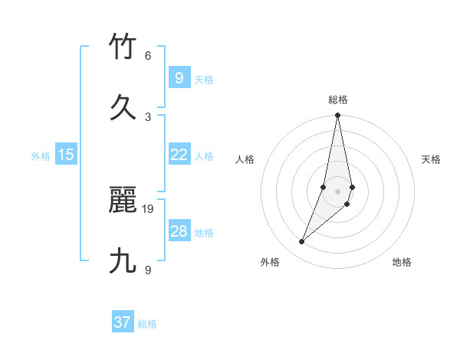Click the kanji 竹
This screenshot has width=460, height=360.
pos(123,47)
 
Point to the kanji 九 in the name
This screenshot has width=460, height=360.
pos(123,261)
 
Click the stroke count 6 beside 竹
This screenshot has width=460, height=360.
pos(148,56)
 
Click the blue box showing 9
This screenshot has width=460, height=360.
pos(179,78)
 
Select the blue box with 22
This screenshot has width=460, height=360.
pos(179,155)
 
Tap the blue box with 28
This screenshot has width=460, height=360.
pos(179,231)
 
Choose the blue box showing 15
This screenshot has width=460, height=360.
pos(66,155)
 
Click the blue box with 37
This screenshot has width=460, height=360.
pos(123,322)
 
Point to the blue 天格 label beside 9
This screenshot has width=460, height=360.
pos(204,79)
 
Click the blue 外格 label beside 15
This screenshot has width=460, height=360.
pos(41,155)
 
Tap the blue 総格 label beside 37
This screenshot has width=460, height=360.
pos(147,323)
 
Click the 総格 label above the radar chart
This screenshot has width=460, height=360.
pos(338,100)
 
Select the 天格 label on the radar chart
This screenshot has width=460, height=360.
pos(432,159)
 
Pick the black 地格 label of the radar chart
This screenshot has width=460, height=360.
pos(402,262)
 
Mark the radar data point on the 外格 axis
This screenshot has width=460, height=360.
pos(302,242)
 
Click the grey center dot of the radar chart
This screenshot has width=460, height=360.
pos(338,191)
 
